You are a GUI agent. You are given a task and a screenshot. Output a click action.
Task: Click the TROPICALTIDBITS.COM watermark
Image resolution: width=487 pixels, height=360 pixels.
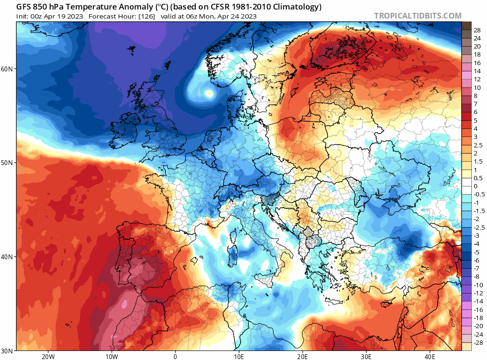418,16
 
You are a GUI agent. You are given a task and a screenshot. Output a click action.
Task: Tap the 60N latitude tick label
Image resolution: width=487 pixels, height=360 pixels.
7,69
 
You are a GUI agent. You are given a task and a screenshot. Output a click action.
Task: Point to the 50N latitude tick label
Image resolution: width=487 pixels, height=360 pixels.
7,163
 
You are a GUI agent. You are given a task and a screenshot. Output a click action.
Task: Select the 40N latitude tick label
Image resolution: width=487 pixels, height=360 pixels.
7,257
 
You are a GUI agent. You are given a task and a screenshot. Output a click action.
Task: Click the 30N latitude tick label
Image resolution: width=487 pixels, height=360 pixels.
7,350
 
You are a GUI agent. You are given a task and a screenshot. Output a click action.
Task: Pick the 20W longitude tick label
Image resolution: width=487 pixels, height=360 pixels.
48,356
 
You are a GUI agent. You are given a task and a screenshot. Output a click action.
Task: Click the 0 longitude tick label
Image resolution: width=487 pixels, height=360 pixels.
175,356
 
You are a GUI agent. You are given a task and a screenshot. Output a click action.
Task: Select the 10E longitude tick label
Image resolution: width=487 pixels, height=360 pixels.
239,356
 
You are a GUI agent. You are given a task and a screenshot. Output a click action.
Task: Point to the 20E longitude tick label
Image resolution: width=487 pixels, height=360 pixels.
302,356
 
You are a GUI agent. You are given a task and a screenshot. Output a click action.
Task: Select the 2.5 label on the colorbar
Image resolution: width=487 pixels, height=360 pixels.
477,146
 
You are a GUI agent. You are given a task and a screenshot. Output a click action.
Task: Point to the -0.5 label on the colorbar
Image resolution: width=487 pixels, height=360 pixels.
478,194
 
